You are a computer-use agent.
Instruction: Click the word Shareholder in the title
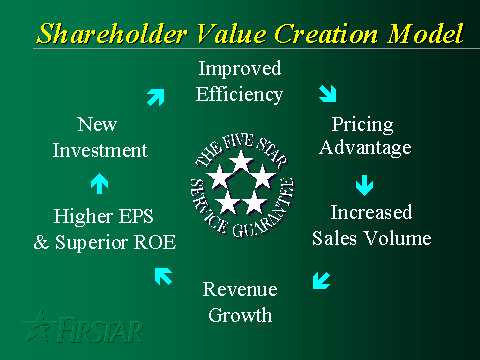[x=112, y=33]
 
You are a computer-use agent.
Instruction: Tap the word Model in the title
[x=426, y=33]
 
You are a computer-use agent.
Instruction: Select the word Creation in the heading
[x=326, y=33]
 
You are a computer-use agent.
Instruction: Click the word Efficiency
[x=239, y=95]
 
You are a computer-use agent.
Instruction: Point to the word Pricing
[x=363, y=125]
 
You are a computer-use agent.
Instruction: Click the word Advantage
[x=365, y=148]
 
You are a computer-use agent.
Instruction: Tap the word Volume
[x=397, y=238]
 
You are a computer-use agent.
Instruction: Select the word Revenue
[x=240, y=289]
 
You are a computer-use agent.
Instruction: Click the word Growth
[x=240, y=315]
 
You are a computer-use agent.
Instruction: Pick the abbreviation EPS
[x=136, y=216]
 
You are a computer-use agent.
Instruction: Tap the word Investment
[x=100, y=150]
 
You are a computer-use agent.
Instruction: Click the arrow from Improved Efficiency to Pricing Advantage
[x=328, y=93]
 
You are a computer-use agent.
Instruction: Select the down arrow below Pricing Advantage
[x=364, y=185]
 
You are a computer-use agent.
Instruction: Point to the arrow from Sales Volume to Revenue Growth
[x=321, y=280]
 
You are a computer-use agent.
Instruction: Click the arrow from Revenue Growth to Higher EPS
[x=163, y=276]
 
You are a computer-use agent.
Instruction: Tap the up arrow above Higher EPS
[x=99, y=183]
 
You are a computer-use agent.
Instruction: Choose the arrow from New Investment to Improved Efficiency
[x=156, y=97]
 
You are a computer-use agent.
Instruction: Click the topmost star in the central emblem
[x=241, y=161]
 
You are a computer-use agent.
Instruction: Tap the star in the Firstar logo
[x=38, y=327]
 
